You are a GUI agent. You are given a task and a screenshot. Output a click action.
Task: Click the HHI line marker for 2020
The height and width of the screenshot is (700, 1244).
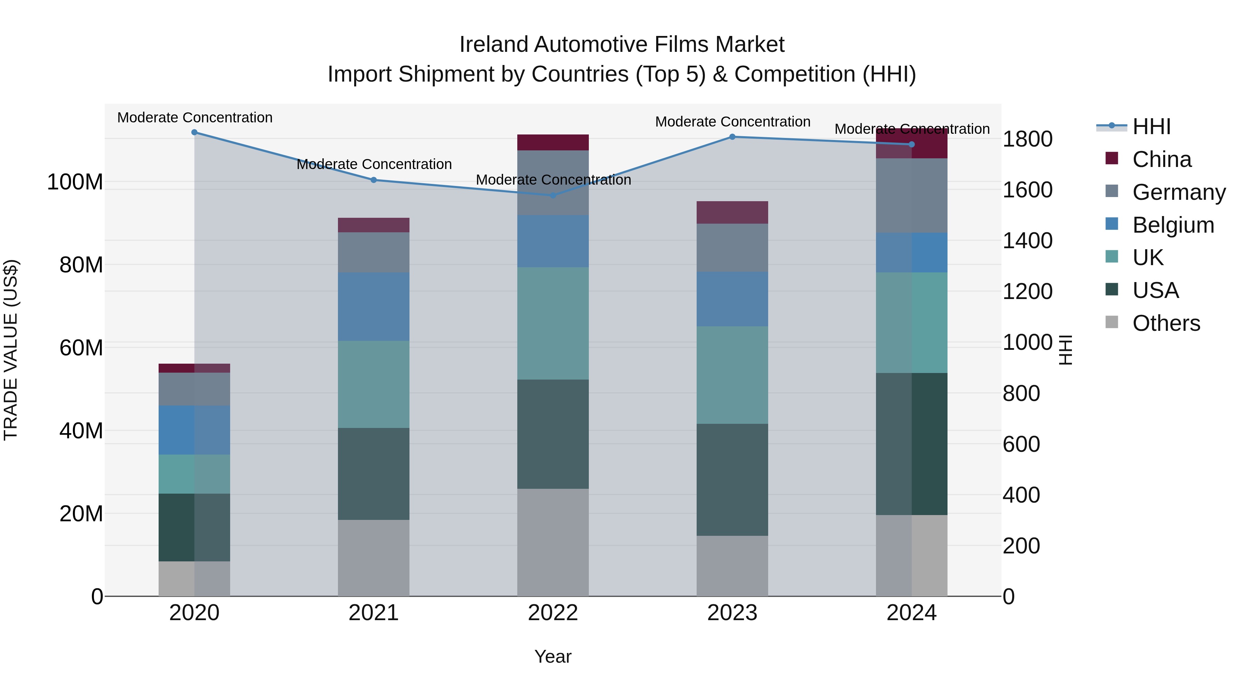(194, 132)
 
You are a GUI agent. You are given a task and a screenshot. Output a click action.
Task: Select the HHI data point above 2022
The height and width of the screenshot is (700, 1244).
(553, 195)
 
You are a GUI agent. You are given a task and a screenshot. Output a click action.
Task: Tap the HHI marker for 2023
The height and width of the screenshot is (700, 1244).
(732, 137)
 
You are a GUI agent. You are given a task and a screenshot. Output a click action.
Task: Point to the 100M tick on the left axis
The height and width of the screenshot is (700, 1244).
(75, 182)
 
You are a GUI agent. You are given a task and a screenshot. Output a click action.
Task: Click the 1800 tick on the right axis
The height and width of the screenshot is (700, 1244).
(1027, 139)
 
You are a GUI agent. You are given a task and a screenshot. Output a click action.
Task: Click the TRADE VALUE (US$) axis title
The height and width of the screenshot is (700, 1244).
(11, 350)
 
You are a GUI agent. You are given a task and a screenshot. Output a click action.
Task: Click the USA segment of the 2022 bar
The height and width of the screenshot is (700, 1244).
(553, 434)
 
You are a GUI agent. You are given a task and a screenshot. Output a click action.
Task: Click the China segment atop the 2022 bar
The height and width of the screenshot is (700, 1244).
(553, 142)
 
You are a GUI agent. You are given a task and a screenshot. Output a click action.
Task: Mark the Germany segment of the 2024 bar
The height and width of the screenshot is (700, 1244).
(911, 196)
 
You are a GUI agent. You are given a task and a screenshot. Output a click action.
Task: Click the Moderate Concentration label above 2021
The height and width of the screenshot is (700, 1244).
(374, 164)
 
